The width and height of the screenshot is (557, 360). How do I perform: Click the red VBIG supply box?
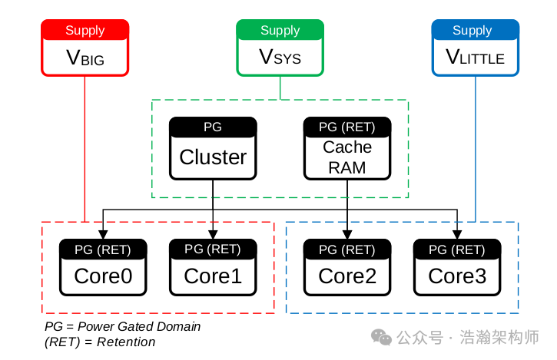[x=85, y=48]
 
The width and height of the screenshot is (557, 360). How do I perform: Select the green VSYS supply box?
[x=280, y=48]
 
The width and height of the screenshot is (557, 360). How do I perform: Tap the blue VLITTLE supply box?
[x=475, y=48]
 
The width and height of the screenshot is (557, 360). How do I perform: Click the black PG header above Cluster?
[x=213, y=127]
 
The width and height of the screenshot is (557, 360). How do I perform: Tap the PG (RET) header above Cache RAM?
[x=347, y=127]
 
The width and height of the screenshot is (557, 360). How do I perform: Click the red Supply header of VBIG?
[x=85, y=30]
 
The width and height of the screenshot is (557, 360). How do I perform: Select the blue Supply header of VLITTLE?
[x=475, y=30]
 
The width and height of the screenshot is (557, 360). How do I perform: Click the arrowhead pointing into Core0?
[x=103, y=234]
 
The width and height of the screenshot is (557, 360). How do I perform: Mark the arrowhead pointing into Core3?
[x=457, y=234]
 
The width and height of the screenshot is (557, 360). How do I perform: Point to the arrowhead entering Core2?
[x=347, y=234]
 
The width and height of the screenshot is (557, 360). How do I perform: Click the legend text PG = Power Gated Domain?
[x=123, y=326]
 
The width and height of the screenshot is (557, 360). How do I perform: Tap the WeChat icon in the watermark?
[x=382, y=338]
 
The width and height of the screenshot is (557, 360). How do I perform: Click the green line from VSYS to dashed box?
[x=280, y=88]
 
